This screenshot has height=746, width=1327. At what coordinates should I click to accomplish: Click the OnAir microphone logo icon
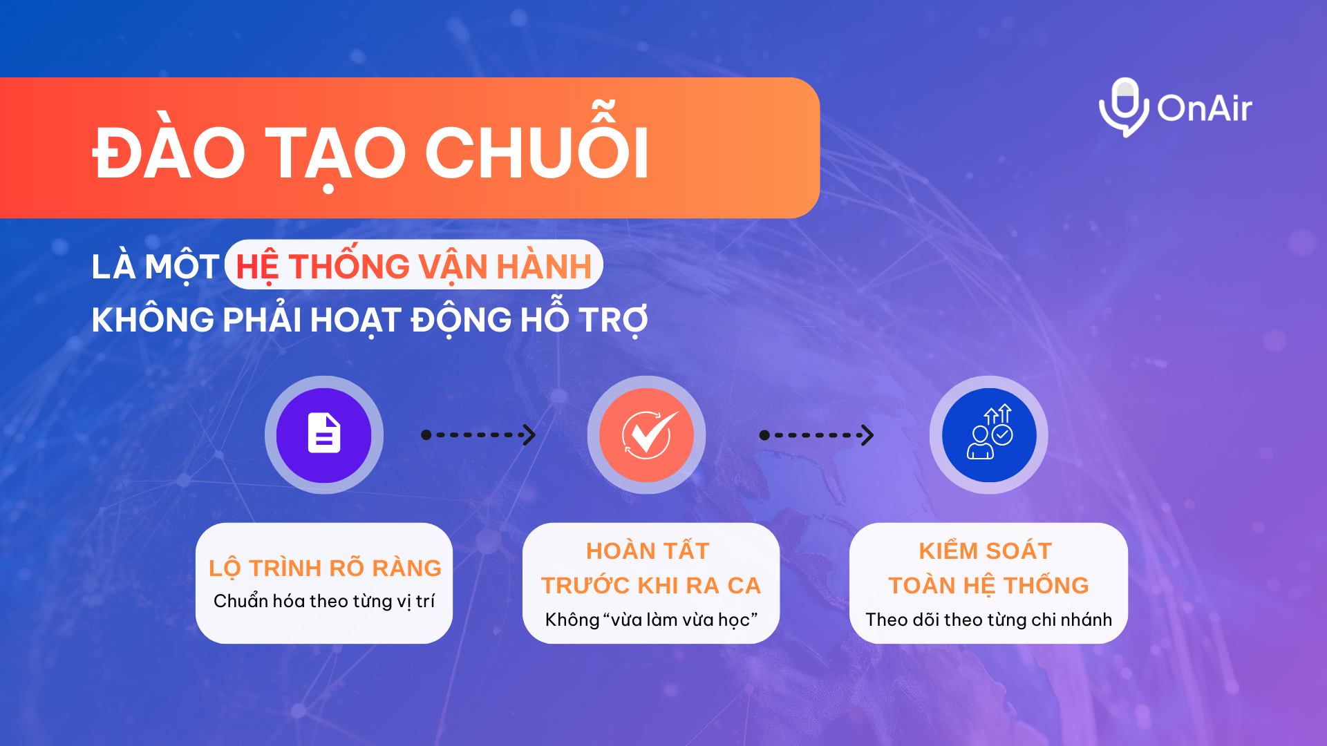click(x=1124, y=107)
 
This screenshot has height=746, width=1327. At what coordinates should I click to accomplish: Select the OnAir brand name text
click(x=1205, y=108)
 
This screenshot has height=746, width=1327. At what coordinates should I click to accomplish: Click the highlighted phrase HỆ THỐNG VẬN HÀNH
click(x=414, y=266)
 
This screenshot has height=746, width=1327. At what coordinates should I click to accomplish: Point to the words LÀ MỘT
click(x=156, y=267)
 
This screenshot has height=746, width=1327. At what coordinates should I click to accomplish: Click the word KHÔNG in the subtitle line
click(x=153, y=320)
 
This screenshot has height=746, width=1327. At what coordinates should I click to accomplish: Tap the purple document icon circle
click(x=324, y=435)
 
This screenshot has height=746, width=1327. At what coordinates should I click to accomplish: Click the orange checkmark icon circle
click(x=646, y=435)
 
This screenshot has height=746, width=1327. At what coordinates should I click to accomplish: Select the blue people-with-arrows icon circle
click(x=989, y=435)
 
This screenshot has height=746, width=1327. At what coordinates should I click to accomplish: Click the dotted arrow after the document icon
click(x=478, y=434)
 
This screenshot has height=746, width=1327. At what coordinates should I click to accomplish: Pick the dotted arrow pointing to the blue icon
click(x=817, y=434)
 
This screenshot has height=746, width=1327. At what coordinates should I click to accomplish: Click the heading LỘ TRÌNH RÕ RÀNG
click(x=325, y=568)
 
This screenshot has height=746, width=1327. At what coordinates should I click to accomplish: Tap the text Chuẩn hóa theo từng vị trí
click(x=324, y=602)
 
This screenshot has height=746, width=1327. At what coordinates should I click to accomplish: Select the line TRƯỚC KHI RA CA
click(x=650, y=586)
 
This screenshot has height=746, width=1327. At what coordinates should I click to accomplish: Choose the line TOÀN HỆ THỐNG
click(x=988, y=585)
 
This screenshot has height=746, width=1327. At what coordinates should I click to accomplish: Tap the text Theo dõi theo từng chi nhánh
click(x=989, y=620)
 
